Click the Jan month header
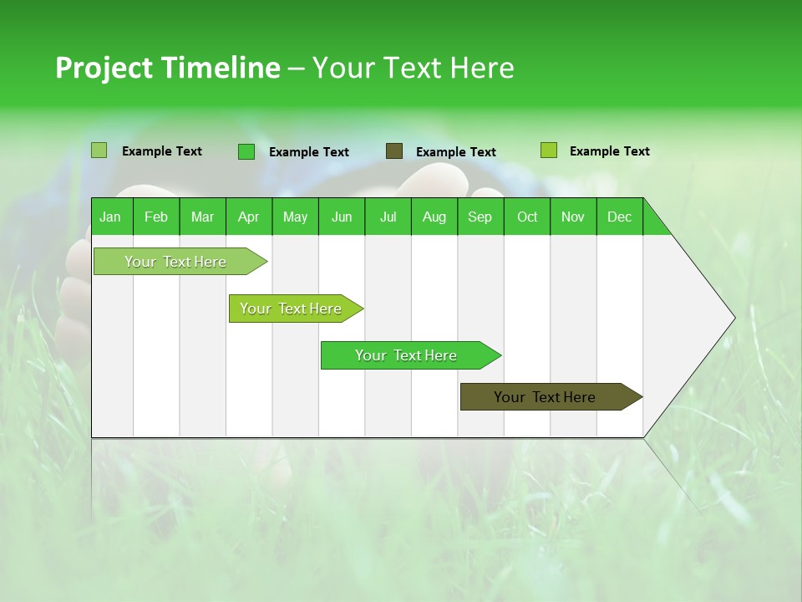(111, 217)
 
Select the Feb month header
(156, 217)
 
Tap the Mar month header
(202, 217)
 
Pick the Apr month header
(249, 217)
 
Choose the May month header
(295, 217)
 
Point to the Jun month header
(342, 217)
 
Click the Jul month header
(388, 217)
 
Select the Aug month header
(434, 217)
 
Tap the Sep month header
(480, 217)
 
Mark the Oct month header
(527, 217)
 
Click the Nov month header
(573, 217)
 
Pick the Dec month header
(619, 217)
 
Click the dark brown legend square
(394, 151)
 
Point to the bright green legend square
(246, 151)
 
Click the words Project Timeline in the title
(168, 68)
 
